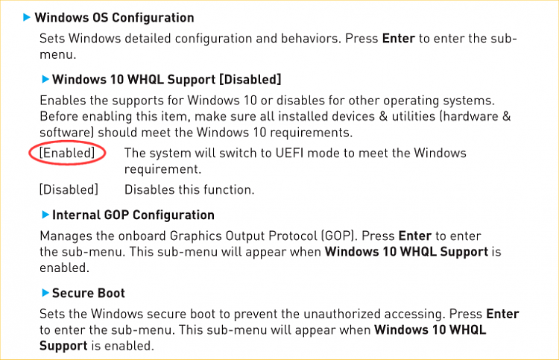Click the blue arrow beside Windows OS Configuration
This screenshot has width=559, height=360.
[26, 17]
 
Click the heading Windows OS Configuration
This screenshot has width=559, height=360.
[115, 17]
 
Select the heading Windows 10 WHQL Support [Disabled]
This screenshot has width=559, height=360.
[167, 79]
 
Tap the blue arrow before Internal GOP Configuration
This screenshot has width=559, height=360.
[45, 215]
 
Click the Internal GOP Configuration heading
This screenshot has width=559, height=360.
[133, 215]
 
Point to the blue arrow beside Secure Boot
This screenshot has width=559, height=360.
[45, 293]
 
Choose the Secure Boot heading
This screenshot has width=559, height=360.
[89, 293]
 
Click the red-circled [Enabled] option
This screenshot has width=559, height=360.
[67, 153]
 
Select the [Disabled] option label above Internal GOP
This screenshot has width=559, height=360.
[69, 189]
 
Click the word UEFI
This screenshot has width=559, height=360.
[289, 153]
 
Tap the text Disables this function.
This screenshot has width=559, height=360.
[189, 189]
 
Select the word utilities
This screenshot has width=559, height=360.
[414, 116]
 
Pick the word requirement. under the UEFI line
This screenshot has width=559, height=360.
[163, 169]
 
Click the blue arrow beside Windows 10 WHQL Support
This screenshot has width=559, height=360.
[45, 79]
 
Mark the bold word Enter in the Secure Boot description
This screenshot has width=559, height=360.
[502, 314]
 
